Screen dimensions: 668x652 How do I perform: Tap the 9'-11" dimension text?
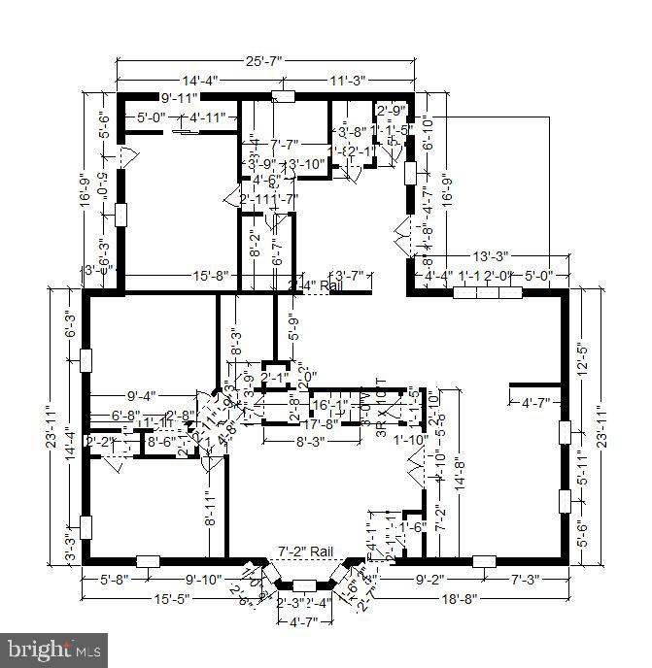(x=179, y=97)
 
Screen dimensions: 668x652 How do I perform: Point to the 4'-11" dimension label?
(x=208, y=117)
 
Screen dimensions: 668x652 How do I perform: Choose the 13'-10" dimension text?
(x=305, y=163)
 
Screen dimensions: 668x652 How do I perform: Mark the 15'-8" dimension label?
(x=210, y=276)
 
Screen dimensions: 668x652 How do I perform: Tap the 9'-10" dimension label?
(x=204, y=581)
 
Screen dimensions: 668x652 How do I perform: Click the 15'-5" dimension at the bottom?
(x=171, y=599)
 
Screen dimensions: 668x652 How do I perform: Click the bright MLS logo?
(x=54, y=647)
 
